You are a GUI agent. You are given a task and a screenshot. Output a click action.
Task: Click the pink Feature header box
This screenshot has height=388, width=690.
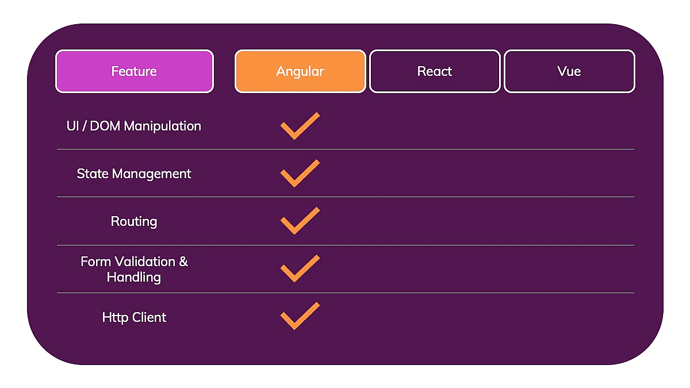tap(134, 71)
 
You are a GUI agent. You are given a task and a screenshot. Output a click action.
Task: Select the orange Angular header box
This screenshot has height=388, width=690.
tap(300, 71)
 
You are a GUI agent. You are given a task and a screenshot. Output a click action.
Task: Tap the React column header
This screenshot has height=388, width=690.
tap(435, 71)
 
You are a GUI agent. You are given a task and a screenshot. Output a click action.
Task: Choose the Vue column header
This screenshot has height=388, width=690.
tap(569, 71)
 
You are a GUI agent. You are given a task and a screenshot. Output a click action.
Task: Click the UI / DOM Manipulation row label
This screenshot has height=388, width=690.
tap(134, 126)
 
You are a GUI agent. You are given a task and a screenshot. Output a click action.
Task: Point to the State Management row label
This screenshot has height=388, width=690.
tap(134, 174)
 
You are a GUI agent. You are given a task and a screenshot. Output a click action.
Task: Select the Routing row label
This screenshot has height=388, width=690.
tap(134, 221)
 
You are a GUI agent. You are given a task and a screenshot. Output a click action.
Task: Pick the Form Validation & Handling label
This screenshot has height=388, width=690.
tap(134, 269)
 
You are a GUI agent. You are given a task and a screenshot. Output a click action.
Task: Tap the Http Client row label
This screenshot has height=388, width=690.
tap(134, 317)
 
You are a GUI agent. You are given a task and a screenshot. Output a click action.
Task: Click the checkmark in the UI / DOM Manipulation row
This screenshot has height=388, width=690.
tap(299, 126)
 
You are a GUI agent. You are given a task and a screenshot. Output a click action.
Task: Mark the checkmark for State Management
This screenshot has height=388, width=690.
tap(299, 174)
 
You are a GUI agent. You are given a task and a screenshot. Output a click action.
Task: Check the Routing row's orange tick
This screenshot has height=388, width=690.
tap(299, 221)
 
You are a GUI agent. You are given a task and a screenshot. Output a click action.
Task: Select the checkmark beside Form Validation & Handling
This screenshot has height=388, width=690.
tap(299, 269)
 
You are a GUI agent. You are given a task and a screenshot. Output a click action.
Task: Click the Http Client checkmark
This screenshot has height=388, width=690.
tap(299, 317)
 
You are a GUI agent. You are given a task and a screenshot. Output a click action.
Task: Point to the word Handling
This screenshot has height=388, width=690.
tap(134, 277)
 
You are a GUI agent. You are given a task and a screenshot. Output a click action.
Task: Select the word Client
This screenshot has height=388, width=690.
tap(149, 317)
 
